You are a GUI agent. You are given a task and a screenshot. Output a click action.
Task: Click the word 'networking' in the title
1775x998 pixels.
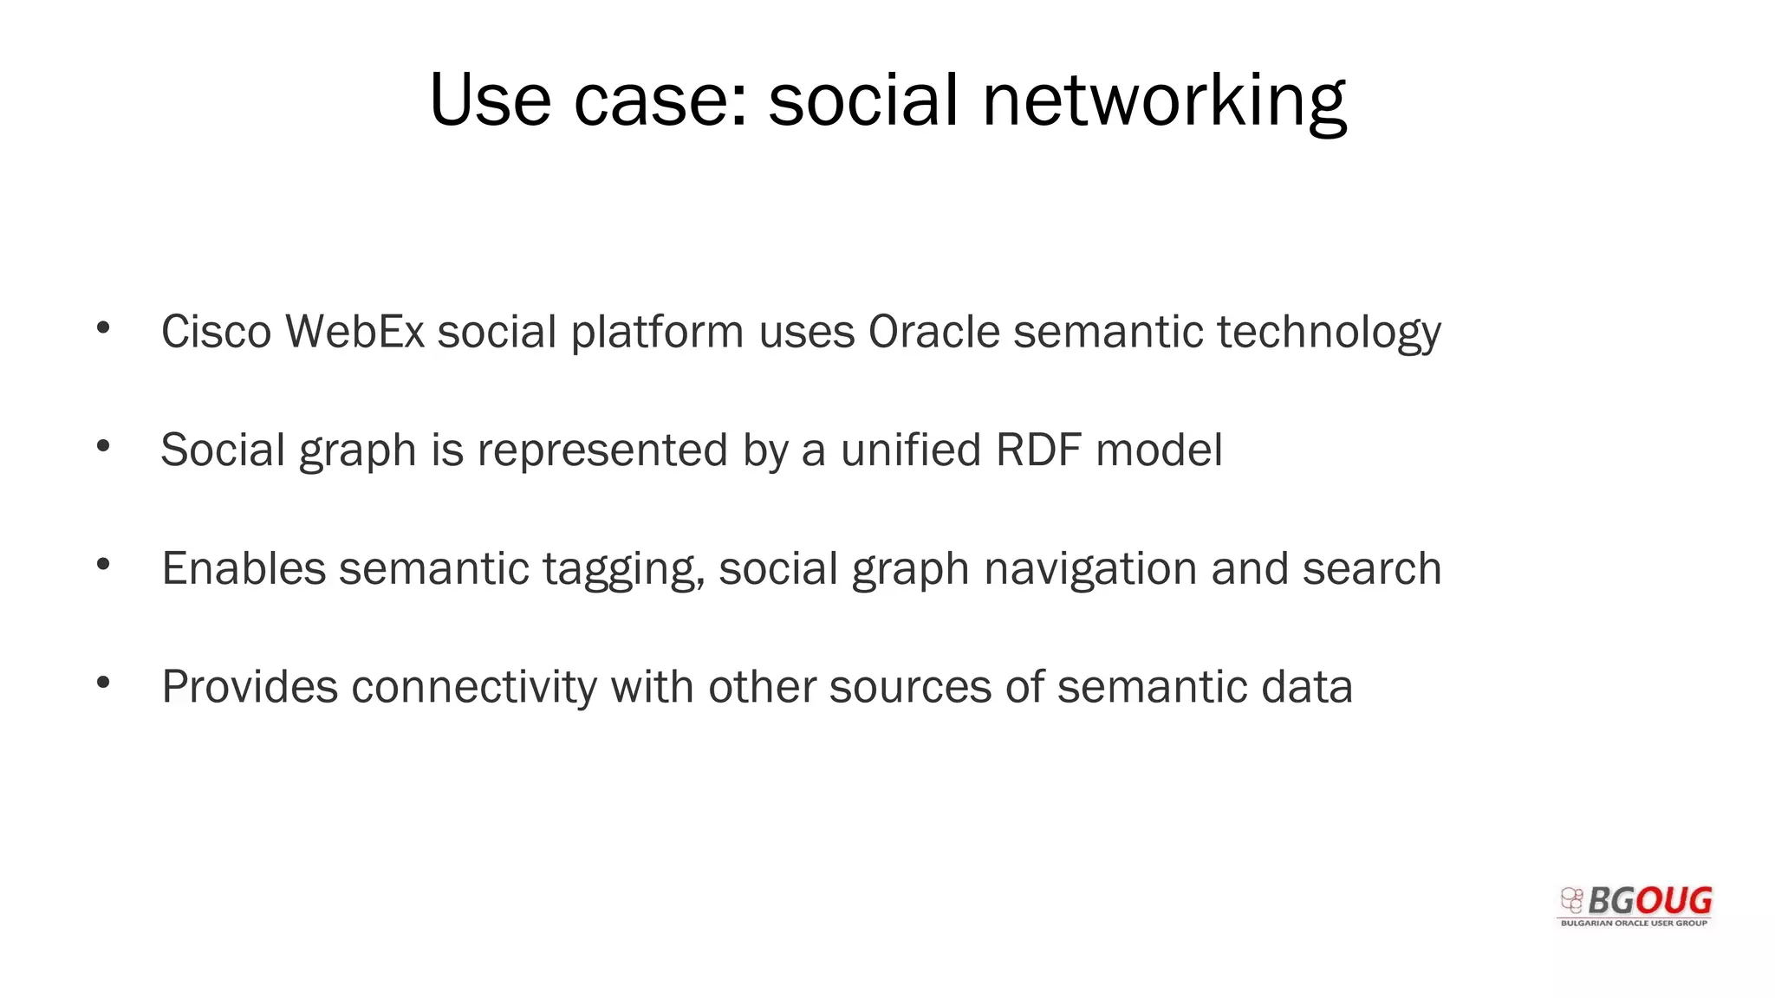pyautogui.click(x=1164, y=100)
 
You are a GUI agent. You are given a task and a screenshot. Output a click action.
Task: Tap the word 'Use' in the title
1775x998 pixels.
pyautogui.click(x=490, y=100)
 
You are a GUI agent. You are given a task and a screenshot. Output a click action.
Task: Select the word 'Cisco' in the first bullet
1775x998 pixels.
pyautogui.click(x=217, y=332)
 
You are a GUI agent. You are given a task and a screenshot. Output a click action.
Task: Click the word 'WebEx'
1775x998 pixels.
pyautogui.click(x=354, y=332)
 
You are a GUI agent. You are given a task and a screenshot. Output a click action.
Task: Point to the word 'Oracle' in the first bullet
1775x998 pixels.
pyautogui.click(x=934, y=332)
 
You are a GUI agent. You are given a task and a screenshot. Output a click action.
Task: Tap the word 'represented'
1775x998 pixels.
pyautogui.click(x=602, y=450)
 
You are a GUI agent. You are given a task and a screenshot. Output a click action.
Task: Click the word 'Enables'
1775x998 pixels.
pyautogui.click(x=244, y=569)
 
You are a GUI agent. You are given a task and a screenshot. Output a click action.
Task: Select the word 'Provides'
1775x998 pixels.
pyautogui.click(x=250, y=687)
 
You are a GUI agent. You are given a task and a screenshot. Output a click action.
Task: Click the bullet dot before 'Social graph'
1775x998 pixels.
pyautogui.click(x=103, y=447)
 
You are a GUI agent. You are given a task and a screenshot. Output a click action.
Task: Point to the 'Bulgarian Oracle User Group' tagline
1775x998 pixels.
pyautogui.click(x=1634, y=923)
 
